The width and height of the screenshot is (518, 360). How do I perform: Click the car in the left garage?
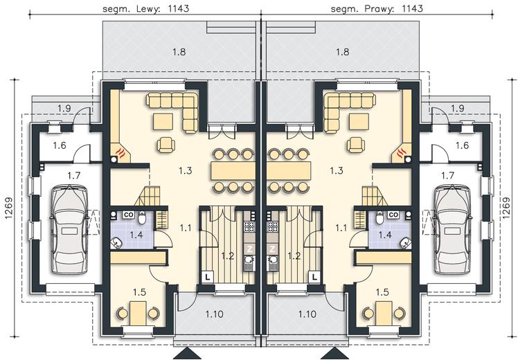coord(69,230)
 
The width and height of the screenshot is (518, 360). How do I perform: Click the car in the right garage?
coord(453,230)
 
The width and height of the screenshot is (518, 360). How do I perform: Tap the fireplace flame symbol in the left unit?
coord(121,152)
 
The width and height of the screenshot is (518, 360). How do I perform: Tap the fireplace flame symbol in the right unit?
coord(401,152)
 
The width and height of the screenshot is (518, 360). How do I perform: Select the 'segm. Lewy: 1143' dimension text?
coord(145,8)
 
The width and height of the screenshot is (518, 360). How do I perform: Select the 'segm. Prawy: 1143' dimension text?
coord(377,8)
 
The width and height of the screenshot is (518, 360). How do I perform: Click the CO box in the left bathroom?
coord(128,215)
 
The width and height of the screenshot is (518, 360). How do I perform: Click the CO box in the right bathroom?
coord(393,215)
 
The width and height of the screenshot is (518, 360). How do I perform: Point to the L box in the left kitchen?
coord(208,276)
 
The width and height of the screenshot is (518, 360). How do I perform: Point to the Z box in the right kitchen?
coord(272,249)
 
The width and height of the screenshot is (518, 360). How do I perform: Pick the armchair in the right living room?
coord(356,145)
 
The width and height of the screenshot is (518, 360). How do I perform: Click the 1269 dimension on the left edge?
coord(8,208)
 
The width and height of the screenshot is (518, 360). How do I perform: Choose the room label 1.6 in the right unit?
coord(462,145)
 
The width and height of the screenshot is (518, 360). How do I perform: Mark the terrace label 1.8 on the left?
coord(179,52)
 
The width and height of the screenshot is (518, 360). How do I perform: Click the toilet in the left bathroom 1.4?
coord(142,217)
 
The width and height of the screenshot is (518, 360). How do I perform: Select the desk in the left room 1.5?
coord(138,313)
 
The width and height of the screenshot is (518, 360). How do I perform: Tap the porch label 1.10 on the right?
coord(307,314)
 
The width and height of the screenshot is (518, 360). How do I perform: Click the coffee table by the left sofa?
coord(163,122)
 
